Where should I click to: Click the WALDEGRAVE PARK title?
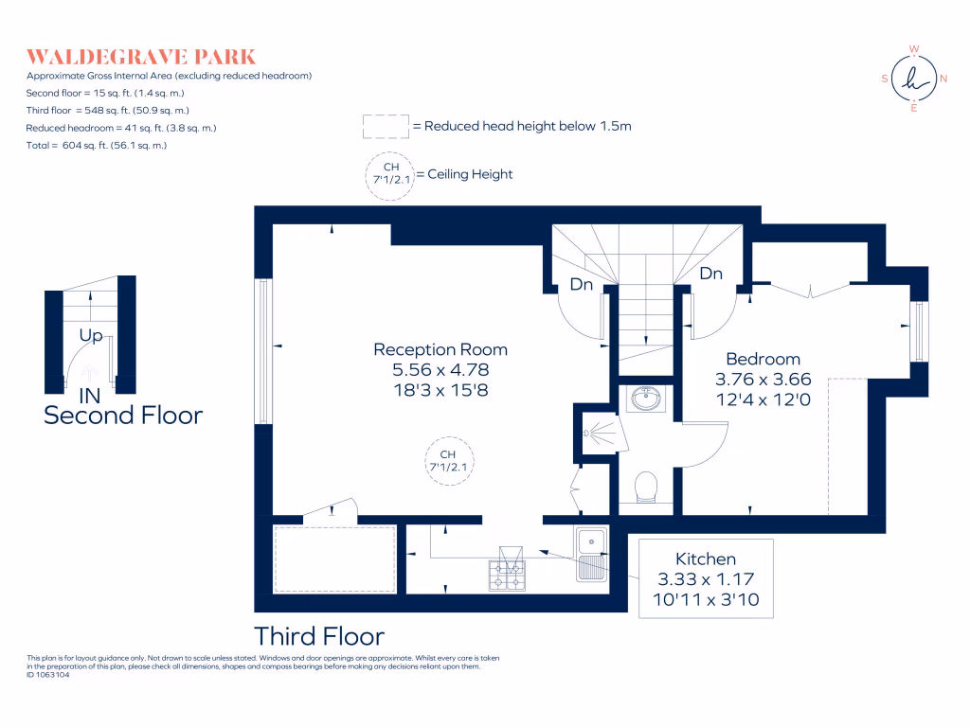[x=141, y=56]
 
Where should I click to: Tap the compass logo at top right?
[x=914, y=79]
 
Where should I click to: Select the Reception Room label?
[x=440, y=349]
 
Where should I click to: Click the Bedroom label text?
[x=763, y=359]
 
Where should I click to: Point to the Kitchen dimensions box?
[x=706, y=578]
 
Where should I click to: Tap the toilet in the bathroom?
[x=644, y=488]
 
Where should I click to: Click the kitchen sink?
[x=590, y=552]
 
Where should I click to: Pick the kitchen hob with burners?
[x=507, y=573]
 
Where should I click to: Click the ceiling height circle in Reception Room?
[x=448, y=461]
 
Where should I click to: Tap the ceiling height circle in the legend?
[x=390, y=175]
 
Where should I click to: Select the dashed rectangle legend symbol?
[x=385, y=126]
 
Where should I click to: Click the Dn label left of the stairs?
[x=582, y=284]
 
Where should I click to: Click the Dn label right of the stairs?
[x=710, y=274]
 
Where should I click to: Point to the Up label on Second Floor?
[x=92, y=335]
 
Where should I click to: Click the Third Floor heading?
[x=319, y=635]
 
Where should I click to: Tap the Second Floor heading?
[x=123, y=415]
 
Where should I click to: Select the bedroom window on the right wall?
[x=917, y=330]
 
